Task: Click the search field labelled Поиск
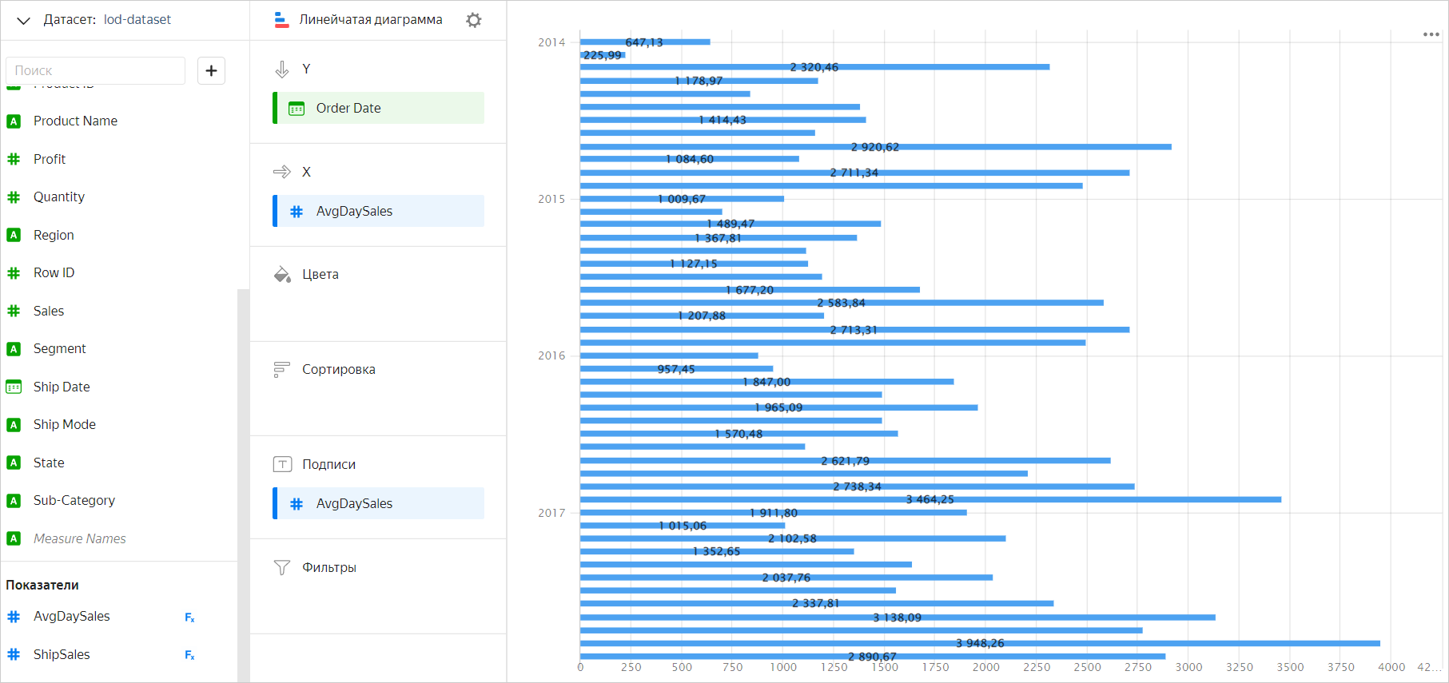[95, 70]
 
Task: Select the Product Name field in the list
[75, 121]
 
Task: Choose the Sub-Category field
[74, 500]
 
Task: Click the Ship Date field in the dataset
[62, 387]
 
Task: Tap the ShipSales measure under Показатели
[62, 654]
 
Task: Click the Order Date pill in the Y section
[379, 108]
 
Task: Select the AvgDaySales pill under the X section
[379, 211]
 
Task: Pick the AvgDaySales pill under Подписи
[379, 503]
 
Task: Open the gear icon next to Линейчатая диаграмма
[474, 20]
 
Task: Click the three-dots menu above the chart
[1431, 34]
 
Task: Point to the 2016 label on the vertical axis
[551, 355]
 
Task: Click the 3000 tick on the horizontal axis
[1188, 667]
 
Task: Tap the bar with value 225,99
[601, 55]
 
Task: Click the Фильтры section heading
[328, 567]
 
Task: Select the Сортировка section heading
[338, 369]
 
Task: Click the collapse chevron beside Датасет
[23, 20]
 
